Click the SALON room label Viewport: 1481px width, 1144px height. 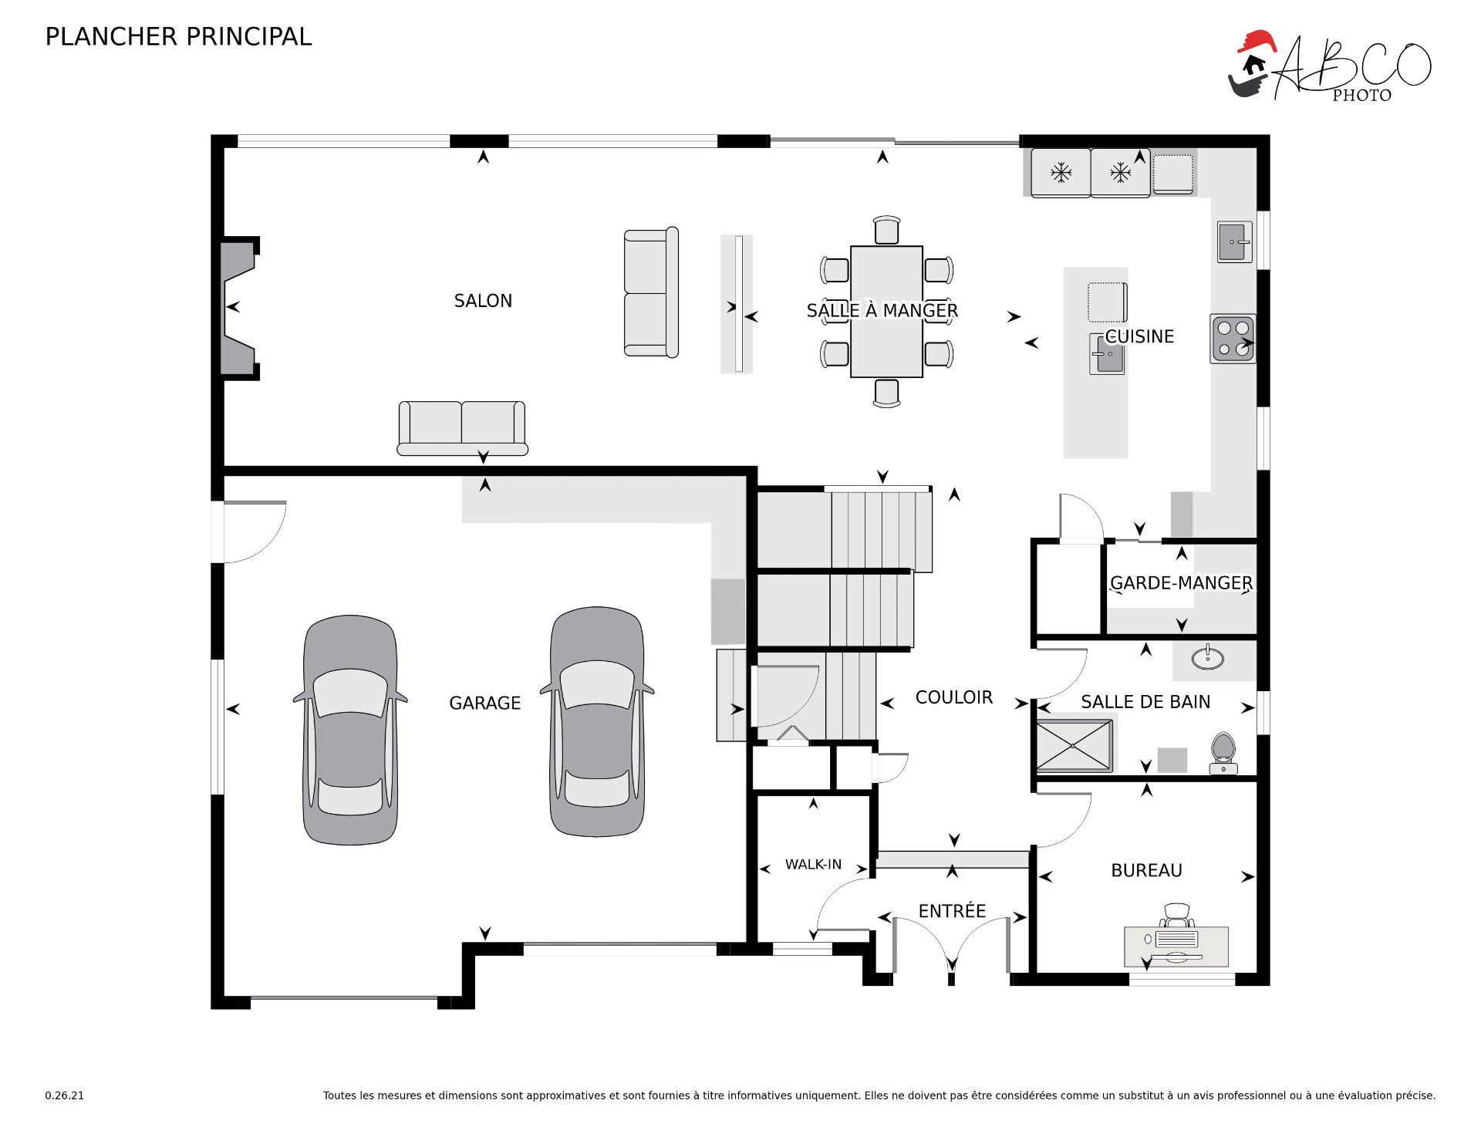[483, 301]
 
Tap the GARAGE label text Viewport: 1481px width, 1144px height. [485, 704]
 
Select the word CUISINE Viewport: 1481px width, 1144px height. [1139, 336]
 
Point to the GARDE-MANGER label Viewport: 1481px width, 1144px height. [1181, 583]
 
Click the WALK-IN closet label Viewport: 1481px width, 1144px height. [813, 865]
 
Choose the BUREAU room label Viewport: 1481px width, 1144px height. [1146, 870]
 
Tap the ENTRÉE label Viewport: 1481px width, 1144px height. [952, 911]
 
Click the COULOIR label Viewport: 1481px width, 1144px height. [954, 697]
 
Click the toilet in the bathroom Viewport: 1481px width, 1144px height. [1223, 753]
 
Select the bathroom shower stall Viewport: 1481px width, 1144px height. [1074, 746]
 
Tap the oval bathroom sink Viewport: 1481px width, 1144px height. [1207, 658]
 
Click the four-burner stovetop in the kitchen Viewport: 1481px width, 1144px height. [1233, 339]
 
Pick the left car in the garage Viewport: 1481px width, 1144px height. [350, 730]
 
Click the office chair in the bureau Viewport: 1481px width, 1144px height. [1177, 916]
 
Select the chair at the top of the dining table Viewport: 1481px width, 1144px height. [887, 230]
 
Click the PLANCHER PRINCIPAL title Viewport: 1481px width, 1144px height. [178, 36]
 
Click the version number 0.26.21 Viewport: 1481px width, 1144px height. [64, 1095]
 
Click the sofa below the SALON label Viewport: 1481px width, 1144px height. [462, 428]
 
